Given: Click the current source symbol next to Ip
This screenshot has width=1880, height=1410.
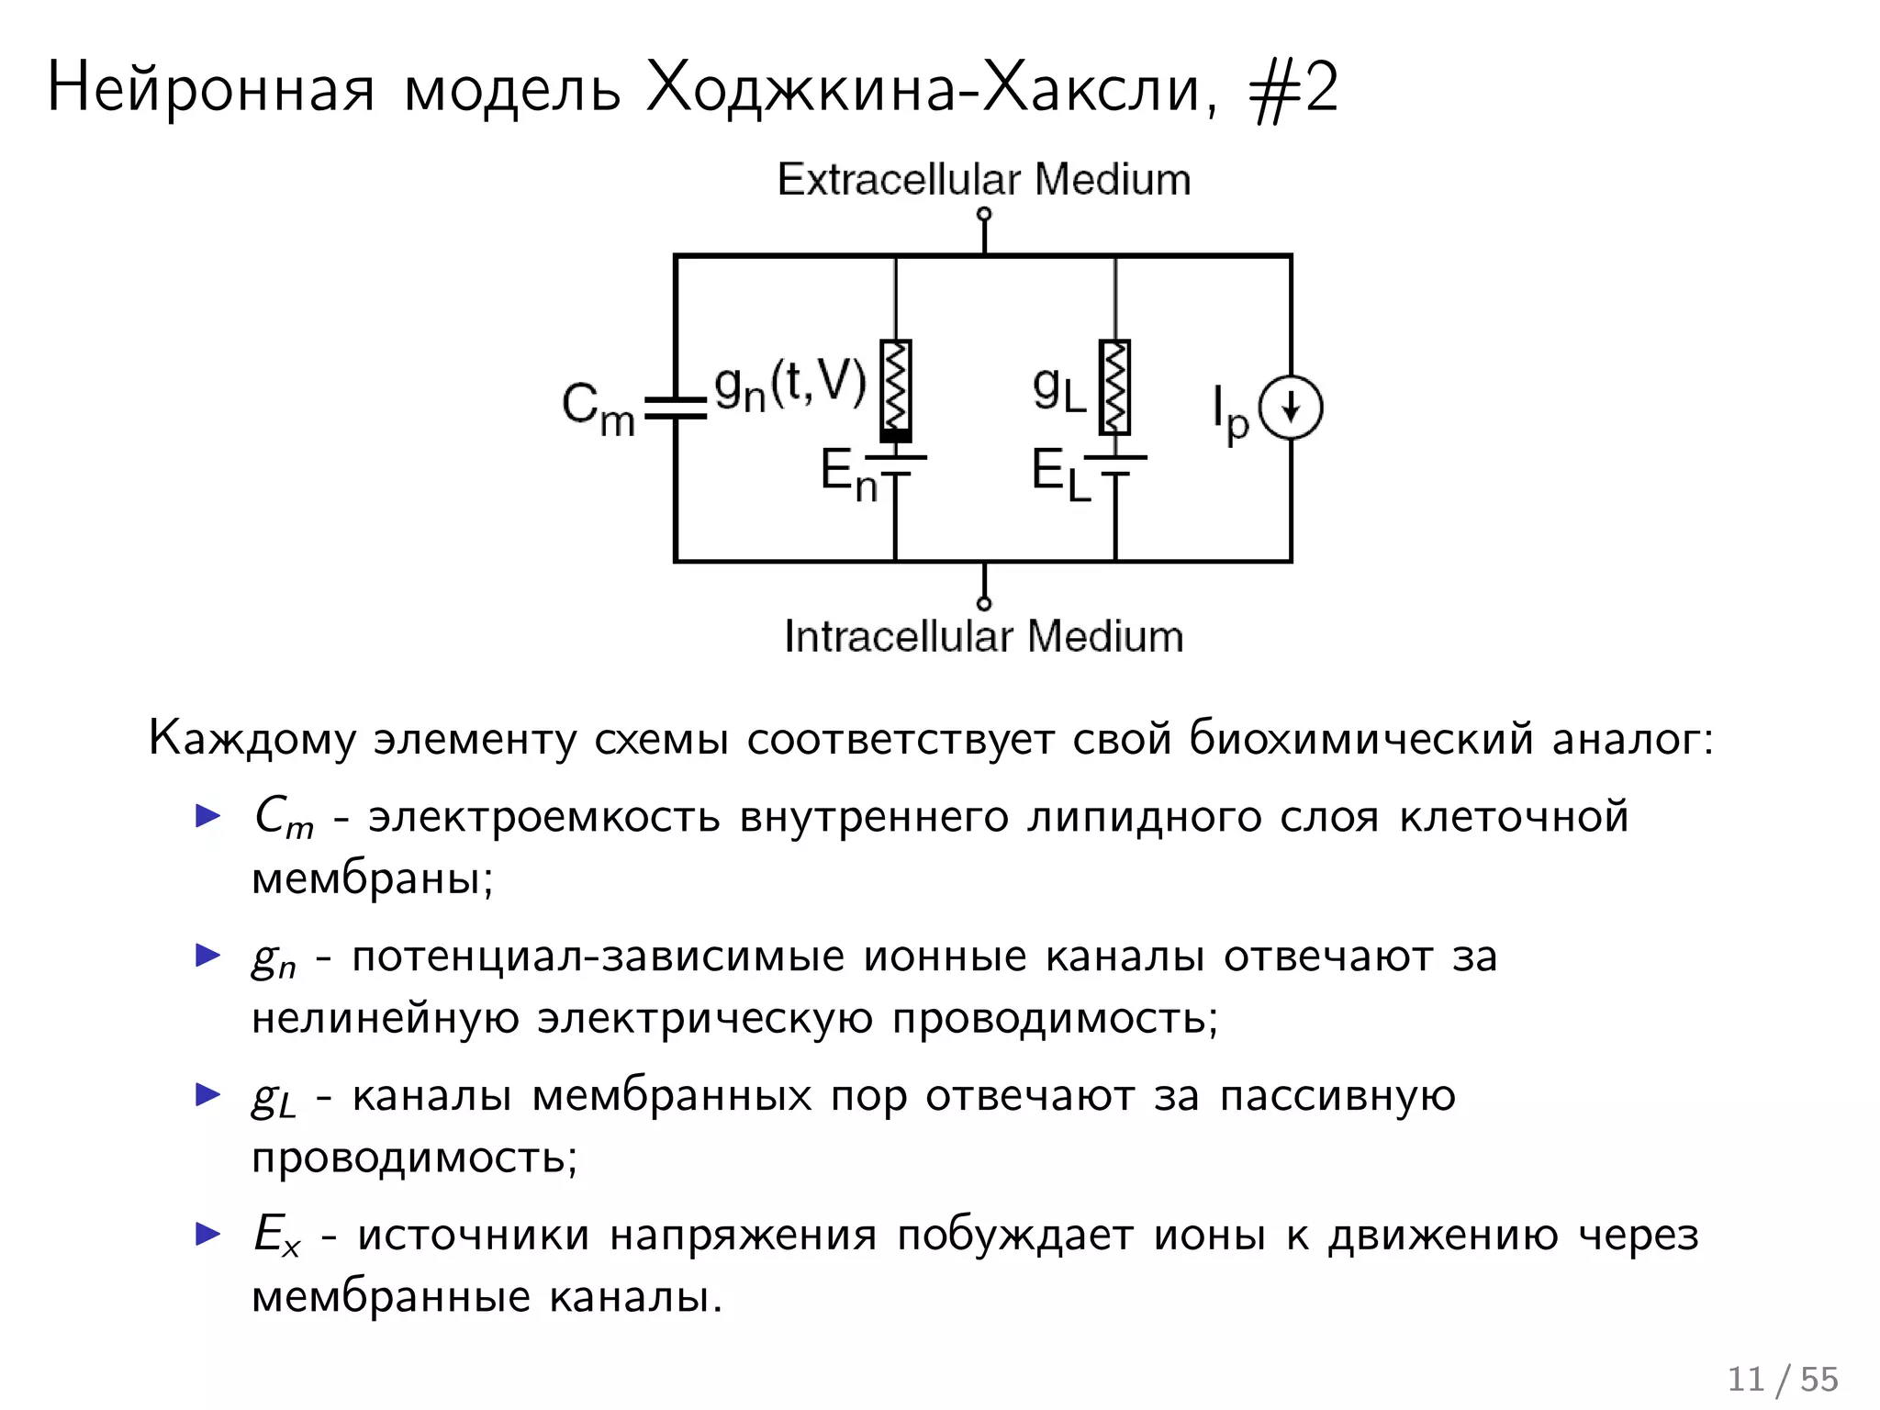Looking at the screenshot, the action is coord(1290,408).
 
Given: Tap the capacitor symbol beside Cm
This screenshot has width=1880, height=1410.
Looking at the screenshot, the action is coord(676,408).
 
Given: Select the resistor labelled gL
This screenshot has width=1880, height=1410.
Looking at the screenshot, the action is coord(1114,386).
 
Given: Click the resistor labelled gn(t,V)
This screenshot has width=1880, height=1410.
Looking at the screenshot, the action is coord(895,386).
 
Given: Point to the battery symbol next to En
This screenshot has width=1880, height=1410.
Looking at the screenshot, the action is coord(895,465).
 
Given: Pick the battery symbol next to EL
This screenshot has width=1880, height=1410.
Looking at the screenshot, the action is coord(1114,465).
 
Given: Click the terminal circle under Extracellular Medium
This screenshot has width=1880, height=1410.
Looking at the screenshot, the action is coord(984,215).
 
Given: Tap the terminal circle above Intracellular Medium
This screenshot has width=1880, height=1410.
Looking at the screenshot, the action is coord(984,603).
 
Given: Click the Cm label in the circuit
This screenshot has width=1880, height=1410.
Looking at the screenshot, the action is coord(598,408).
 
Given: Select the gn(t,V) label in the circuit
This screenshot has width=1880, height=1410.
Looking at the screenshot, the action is coord(789,385).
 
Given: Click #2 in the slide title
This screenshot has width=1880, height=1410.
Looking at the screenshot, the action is coord(1294,89).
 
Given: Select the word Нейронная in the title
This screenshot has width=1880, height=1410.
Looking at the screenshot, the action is coord(211,89).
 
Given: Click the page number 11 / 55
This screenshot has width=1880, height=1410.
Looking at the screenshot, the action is coord(1782,1379).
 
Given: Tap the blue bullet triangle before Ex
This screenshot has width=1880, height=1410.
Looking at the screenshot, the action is coord(208,1234).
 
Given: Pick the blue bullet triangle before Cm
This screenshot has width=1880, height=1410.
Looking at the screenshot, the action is coord(208,815).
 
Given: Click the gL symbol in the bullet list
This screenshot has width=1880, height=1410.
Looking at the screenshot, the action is coord(274,1098).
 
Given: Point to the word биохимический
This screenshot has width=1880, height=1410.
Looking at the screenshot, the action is coord(1360,737).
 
